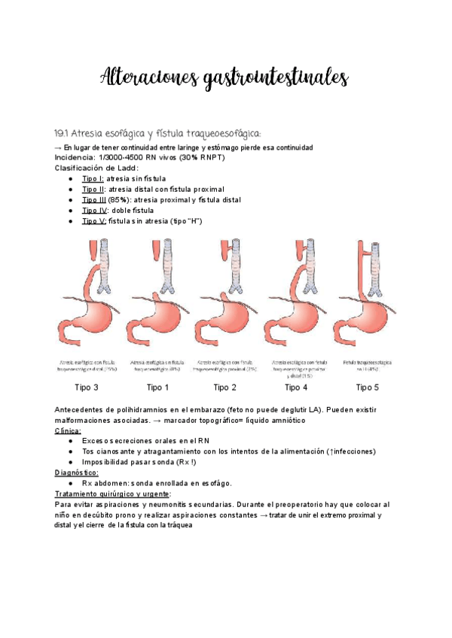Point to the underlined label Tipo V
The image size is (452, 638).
coord(93,221)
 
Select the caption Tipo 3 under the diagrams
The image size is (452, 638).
coord(86,387)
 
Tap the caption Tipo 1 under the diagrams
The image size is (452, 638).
coord(157,387)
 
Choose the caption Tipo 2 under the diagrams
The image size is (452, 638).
coord(225,387)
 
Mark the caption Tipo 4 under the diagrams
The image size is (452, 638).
coord(296,387)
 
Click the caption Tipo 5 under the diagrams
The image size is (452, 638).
coord(367,387)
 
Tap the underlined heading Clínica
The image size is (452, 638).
coord(68,431)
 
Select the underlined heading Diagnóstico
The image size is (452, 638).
coord(76,472)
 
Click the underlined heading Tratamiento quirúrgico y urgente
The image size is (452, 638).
coord(112,494)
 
